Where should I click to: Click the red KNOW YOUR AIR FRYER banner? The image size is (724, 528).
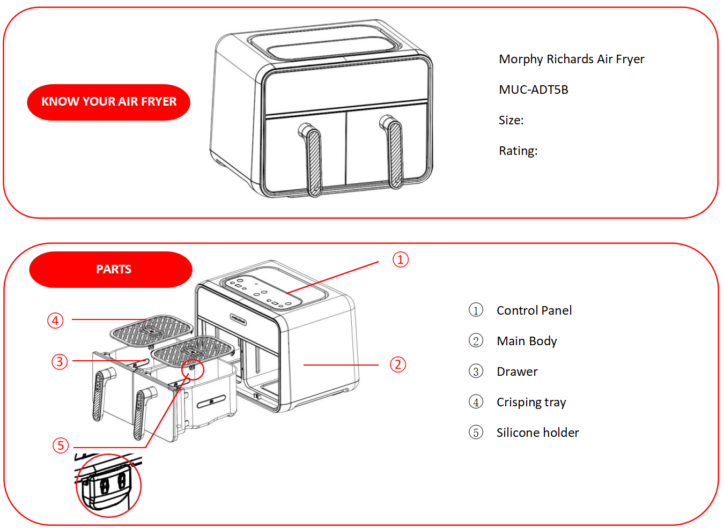coord(109,102)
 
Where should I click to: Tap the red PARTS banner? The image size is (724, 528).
coord(111,269)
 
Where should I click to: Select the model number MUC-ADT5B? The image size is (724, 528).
coord(533,90)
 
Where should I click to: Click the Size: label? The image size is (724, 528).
coord(511,120)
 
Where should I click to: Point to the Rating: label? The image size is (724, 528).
coord(518,151)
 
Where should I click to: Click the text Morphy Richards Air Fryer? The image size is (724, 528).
coord(571,59)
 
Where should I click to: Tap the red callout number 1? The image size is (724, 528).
coord(400,259)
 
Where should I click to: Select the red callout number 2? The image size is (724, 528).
coord(397,365)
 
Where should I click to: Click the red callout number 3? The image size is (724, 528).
coord(60,361)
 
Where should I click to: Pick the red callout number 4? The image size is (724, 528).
coord(55,321)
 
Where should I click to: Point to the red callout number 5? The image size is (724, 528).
coord(61,445)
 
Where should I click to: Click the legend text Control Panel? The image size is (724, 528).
coord(534,310)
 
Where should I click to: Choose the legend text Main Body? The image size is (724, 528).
coord(527,341)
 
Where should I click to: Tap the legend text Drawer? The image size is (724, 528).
coord(517,371)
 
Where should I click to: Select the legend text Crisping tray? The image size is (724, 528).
coord(531,402)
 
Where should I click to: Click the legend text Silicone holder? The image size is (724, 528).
coord(537,433)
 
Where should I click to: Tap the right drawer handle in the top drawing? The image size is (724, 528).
coord(395,154)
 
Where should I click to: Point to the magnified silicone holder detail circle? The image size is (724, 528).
coord(108,486)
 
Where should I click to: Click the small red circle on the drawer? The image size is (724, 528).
coord(193,369)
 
